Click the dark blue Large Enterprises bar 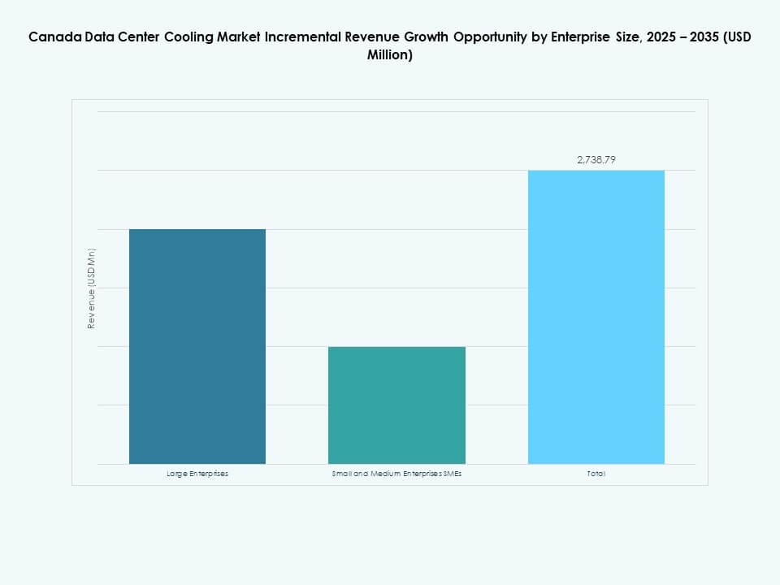(x=197, y=346)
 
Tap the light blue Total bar (x=596, y=317)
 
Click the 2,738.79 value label (x=596, y=160)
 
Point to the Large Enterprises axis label (x=197, y=474)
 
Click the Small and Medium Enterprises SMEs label (x=396, y=474)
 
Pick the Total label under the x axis (x=596, y=474)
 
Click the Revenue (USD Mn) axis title (x=92, y=288)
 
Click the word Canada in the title (x=51, y=37)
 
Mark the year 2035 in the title (x=704, y=37)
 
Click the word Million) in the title (x=390, y=56)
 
